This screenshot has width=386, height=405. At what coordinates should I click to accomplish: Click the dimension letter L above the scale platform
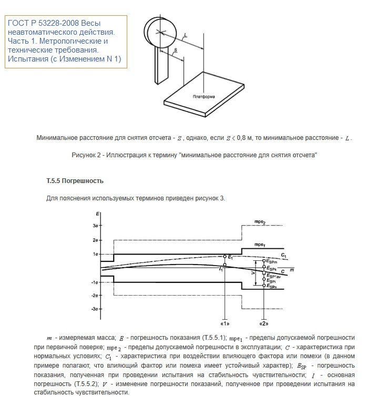(185, 35)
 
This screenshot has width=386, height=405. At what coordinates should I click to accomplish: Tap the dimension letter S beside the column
(175, 50)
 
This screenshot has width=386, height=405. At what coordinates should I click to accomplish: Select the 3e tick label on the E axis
(96, 226)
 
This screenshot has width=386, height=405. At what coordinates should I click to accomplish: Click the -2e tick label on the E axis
(95, 296)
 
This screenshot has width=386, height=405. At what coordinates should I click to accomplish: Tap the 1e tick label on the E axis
(96, 254)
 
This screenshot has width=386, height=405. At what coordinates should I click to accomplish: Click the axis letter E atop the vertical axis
(98, 215)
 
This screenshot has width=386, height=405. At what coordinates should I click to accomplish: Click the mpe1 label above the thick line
(259, 245)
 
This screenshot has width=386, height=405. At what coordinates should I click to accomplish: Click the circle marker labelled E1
(225, 257)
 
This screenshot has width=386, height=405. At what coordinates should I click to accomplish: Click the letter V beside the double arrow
(253, 274)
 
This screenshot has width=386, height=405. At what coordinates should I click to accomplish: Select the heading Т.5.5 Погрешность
(75, 181)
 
